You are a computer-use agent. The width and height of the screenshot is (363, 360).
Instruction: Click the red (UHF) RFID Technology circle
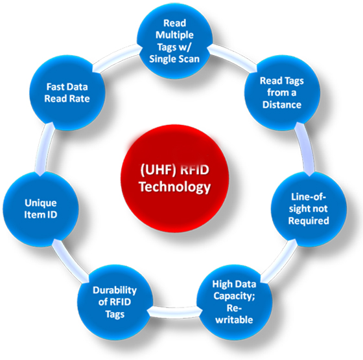[x=175, y=179]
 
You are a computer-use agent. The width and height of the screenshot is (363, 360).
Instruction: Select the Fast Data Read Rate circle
[x=67, y=93]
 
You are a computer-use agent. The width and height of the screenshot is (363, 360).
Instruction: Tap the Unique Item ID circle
[x=41, y=209]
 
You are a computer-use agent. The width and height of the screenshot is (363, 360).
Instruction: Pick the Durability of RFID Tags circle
[x=115, y=302]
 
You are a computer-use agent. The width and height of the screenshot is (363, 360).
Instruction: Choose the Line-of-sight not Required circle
[x=309, y=208]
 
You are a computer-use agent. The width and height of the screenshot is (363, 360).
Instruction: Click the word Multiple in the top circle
[x=174, y=35]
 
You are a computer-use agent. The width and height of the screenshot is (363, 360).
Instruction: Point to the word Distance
[x=282, y=104]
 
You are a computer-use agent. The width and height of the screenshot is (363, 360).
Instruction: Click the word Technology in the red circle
[x=175, y=187]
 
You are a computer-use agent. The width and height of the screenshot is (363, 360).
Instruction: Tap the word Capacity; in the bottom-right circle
[x=234, y=296]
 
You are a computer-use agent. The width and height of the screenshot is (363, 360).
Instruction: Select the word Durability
[x=115, y=291]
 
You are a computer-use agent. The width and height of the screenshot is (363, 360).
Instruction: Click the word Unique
[x=41, y=203]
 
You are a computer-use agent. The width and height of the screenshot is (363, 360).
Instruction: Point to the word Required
[x=309, y=221]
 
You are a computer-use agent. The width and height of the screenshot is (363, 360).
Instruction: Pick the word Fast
[x=54, y=87]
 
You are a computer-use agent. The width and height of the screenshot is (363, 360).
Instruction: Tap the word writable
[x=234, y=320]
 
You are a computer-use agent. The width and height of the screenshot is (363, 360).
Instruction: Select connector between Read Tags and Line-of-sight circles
[x=306, y=149]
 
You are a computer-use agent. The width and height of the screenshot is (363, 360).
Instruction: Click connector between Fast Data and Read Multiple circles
[x=116, y=56]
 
